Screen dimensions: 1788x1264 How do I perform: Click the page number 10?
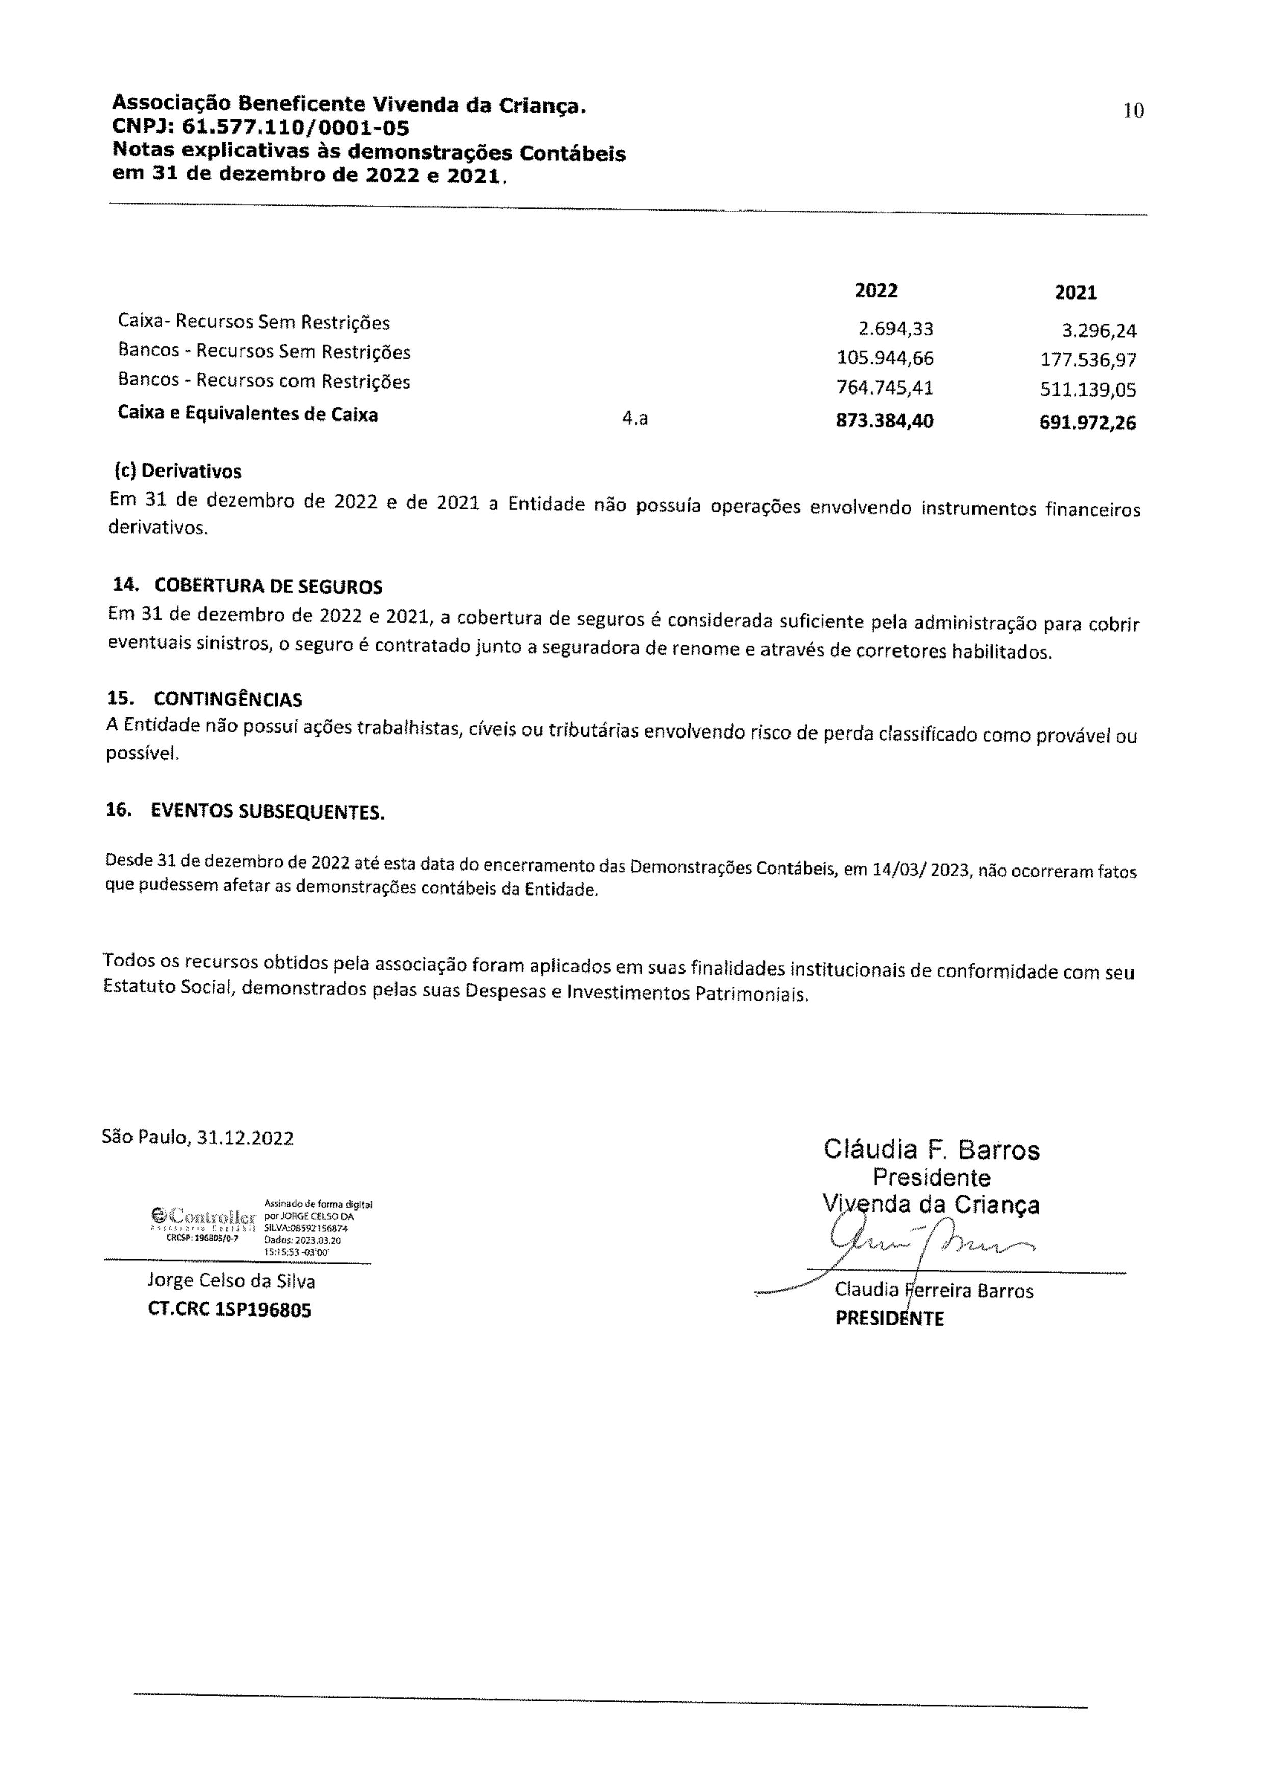coord(1133,111)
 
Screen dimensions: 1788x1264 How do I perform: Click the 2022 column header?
coord(876,291)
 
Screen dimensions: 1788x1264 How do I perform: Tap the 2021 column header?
coord(1075,293)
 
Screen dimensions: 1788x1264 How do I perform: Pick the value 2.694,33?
coord(896,329)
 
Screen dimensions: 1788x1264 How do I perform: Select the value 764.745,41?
coord(885,388)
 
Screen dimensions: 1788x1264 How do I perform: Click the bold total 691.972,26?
coord(1087,423)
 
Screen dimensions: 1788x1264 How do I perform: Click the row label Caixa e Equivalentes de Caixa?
coord(248,414)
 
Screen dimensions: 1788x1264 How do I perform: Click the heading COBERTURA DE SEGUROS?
coord(268,586)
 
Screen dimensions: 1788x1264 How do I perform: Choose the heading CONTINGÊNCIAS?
coord(227,699)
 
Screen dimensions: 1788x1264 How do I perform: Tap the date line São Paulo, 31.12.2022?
coord(198,1138)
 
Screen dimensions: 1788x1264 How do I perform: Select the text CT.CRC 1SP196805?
coord(229,1310)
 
